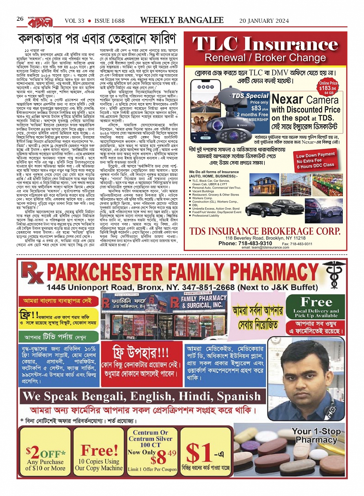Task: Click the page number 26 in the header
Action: (x=20, y=19)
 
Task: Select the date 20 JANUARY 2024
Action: (x=264, y=21)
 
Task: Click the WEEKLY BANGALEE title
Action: (x=181, y=20)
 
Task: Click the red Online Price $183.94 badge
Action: (x=328, y=87)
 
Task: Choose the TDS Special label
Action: (x=250, y=96)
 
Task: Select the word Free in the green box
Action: (x=316, y=302)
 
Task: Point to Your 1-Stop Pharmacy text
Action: (x=316, y=436)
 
